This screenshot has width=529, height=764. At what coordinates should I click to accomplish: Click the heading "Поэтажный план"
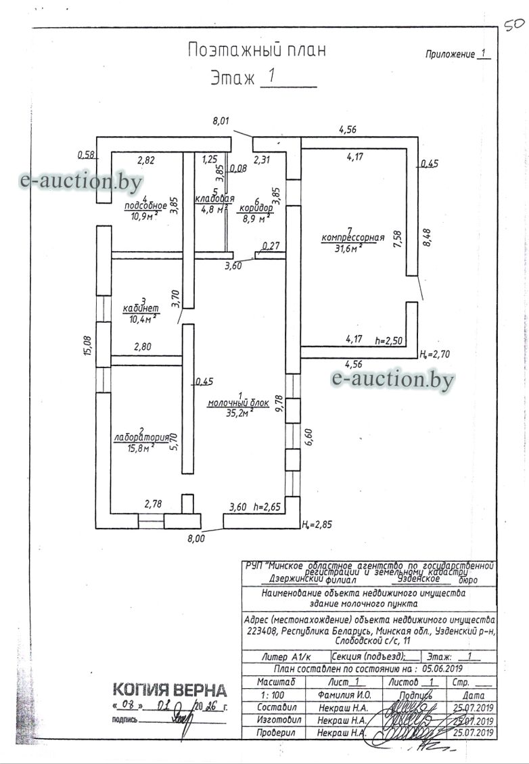(x=256, y=49)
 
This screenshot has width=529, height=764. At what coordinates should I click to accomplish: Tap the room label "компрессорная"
(x=352, y=238)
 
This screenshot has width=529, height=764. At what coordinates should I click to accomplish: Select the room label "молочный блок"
(x=238, y=403)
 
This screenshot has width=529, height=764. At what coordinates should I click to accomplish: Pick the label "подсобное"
(x=145, y=206)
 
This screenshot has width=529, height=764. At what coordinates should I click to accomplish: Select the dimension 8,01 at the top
(x=221, y=121)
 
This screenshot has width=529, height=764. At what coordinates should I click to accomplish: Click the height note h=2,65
(x=267, y=506)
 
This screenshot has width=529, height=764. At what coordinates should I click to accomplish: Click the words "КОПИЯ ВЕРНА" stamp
(x=169, y=690)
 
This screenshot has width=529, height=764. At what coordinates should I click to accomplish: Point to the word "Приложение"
(x=450, y=54)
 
